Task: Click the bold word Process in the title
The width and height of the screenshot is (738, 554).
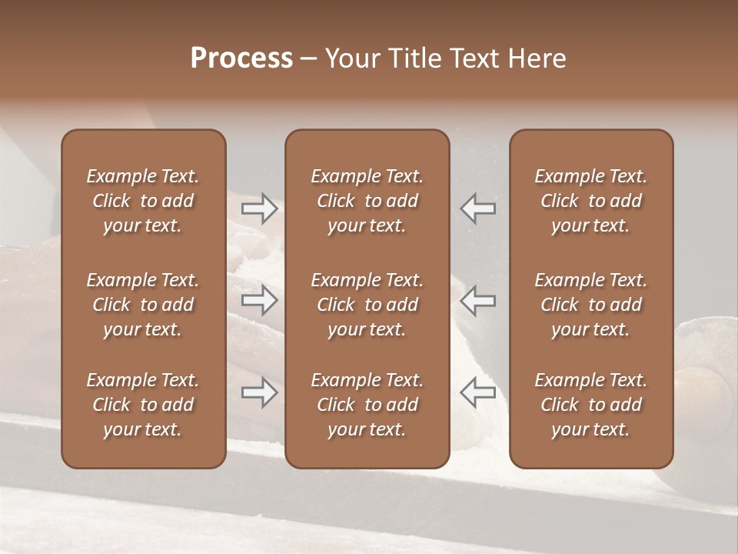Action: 241,58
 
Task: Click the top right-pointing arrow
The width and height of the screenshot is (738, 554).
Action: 260,208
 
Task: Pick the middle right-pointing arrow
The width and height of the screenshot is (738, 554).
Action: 260,300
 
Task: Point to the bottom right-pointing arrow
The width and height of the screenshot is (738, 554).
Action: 260,393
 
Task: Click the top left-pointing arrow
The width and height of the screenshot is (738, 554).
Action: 478,208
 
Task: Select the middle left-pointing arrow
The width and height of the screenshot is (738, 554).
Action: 478,300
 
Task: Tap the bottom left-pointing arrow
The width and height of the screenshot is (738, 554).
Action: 478,393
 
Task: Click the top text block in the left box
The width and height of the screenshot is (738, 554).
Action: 143,201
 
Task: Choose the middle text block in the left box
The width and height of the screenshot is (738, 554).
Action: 143,305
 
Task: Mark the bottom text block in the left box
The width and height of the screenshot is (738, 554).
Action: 143,405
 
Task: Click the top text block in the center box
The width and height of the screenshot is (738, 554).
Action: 367,201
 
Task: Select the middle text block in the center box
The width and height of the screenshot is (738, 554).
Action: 367,305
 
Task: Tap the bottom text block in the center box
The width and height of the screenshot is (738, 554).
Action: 367,405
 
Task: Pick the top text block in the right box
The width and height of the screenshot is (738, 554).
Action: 590,201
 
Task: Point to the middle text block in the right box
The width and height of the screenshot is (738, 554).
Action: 590,305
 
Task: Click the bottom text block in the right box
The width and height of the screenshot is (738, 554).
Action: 590,405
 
